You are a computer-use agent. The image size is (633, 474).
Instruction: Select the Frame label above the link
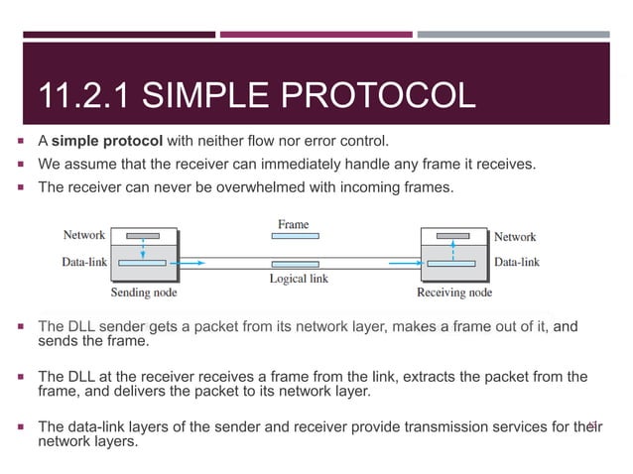(x=293, y=224)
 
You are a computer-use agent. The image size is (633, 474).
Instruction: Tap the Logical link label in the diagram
(x=299, y=279)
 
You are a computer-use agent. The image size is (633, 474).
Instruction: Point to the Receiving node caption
(x=453, y=293)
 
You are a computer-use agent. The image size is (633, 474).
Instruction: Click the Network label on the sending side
(x=84, y=235)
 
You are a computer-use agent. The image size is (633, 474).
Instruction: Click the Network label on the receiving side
(x=515, y=236)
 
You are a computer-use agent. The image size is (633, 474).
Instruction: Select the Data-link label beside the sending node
(x=84, y=262)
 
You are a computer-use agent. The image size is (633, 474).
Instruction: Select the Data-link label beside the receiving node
(x=517, y=262)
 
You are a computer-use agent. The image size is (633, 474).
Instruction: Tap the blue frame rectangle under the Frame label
(x=294, y=238)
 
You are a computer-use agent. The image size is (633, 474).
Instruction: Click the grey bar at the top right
(x=512, y=34)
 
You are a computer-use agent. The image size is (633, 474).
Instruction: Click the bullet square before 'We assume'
(x=22, y=162)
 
